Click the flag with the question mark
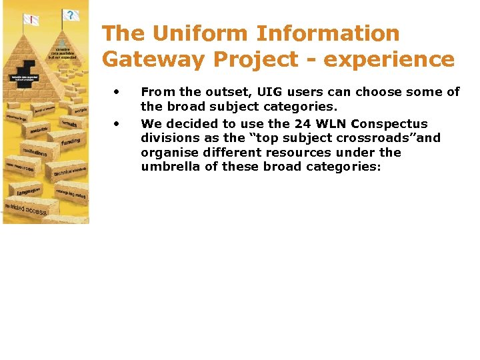[69, 15]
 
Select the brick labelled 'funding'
[70, 141]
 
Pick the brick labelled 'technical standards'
[71, 172]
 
